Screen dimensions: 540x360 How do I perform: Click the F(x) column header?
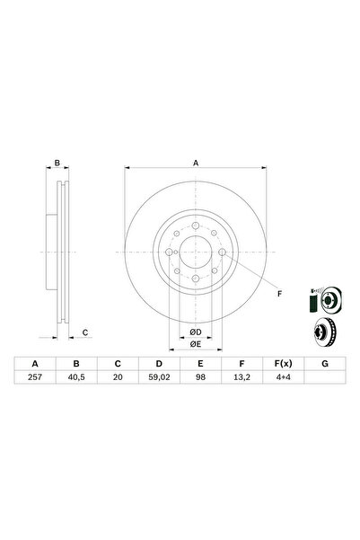(281, 365)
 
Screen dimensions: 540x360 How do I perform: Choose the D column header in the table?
(158, 365)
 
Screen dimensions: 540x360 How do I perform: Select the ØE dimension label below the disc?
(195, 343)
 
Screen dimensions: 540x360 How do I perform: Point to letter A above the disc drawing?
(195, 164)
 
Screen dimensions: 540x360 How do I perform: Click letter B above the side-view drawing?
(57, 164)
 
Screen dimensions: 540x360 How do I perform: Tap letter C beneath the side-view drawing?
(84, 333)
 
